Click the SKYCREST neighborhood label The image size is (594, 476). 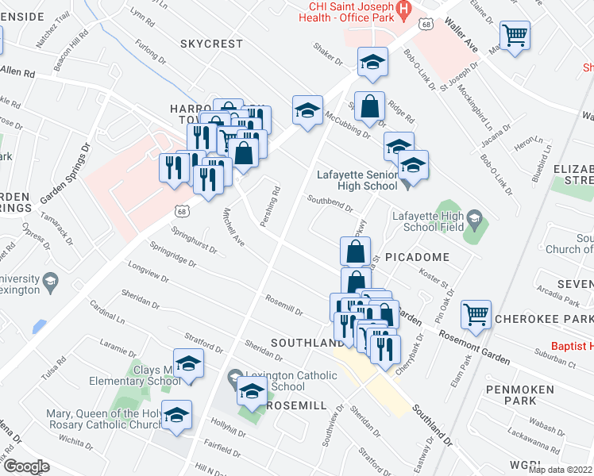[x=211, y=44]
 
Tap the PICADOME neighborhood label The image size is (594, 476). [x=418, y=258]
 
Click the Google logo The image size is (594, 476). [x=27, y=466]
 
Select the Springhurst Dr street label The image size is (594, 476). [x=195, y=240]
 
